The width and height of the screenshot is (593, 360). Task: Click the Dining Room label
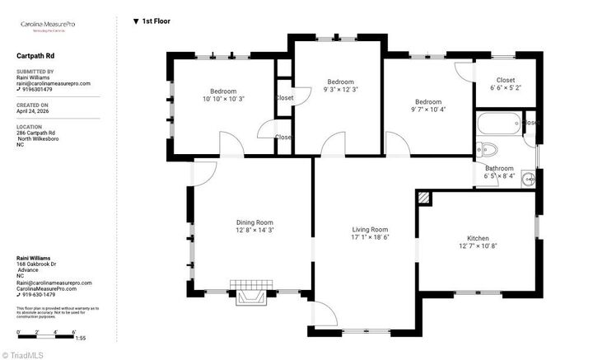tap(254, 222)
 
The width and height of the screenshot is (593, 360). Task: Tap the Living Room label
tap(370, 230)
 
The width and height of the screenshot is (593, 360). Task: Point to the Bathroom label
tap(499, 168)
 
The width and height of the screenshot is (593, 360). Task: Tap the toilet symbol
tap(488, 149)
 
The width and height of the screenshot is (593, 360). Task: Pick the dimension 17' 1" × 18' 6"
tap(370, 237)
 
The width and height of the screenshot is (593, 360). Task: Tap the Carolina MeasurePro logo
tap(50, 26)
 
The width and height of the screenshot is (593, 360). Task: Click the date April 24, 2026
tap(32, 111)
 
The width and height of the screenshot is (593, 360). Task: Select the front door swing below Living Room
tap(324, 313)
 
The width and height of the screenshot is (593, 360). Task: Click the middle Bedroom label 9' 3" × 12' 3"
tap(340, 85)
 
